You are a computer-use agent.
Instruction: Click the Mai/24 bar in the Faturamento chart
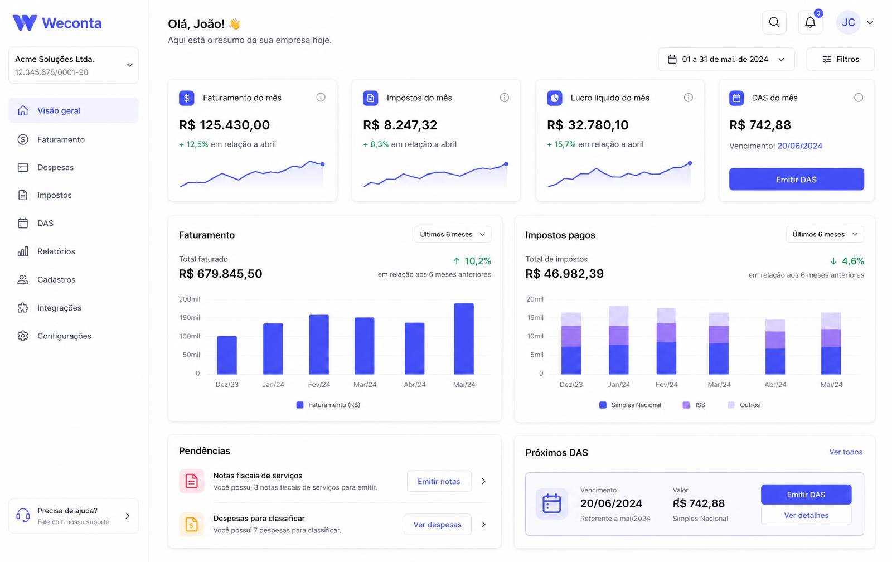(x=464, y=338)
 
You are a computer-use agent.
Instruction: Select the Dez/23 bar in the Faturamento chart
(x=227, y=355)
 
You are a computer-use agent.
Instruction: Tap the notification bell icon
(x=810, y=22)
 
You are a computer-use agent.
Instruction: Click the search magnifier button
(x=774, y=22)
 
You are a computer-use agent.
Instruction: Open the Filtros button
(x=840, y=59)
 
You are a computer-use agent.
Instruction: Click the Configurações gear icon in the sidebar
(x=23, y=336)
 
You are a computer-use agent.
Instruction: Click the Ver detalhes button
(x=806, y=515)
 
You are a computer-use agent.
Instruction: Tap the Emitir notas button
(x=439, y=481)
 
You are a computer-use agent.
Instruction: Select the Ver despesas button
(x=437, y=525)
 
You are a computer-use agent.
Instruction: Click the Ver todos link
(x=846, y=452)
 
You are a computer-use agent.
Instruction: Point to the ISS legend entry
(x=694, y=405)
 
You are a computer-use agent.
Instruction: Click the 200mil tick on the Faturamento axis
(x=190, y=299)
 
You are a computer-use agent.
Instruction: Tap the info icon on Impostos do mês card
(x=504, y=98)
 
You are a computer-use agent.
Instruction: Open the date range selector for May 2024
(x=726, y=59)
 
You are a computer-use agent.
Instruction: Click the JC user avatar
(x=848, y=22)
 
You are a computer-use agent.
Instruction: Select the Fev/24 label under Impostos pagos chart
(x=667, y=385)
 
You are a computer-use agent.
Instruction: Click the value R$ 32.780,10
(x=588, y=125)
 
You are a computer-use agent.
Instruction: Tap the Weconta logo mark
(x=25, y=23)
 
